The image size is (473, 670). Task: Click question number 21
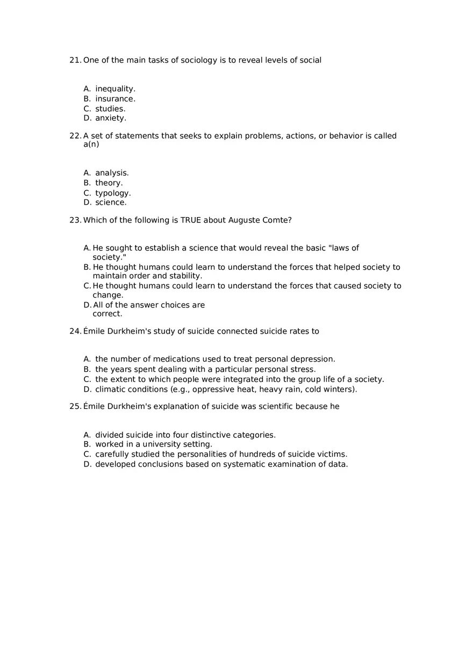(x=75, y=60)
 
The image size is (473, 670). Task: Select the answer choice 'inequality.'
(x=115, y=89)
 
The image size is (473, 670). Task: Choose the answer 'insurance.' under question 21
(x=115, y=99)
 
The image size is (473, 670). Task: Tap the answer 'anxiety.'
(x=111, y=118)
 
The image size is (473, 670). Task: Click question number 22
(x=75, y=136)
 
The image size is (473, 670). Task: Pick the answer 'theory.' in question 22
(x=109, y=183)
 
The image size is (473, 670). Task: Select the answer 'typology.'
(x=113, y=193)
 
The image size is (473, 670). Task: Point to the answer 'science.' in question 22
(x=111, y=203)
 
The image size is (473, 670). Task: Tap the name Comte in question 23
(x=277, y=220)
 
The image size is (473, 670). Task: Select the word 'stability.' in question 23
(x=185, y=276)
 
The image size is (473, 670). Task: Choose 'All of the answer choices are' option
(x=149, y=305)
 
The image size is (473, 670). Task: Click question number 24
(x=75, y=332)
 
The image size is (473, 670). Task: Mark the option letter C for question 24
(x=87, y=379)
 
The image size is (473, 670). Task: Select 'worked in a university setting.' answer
(x=154, y=444)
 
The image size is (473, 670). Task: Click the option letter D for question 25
(x=87, y=464)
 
